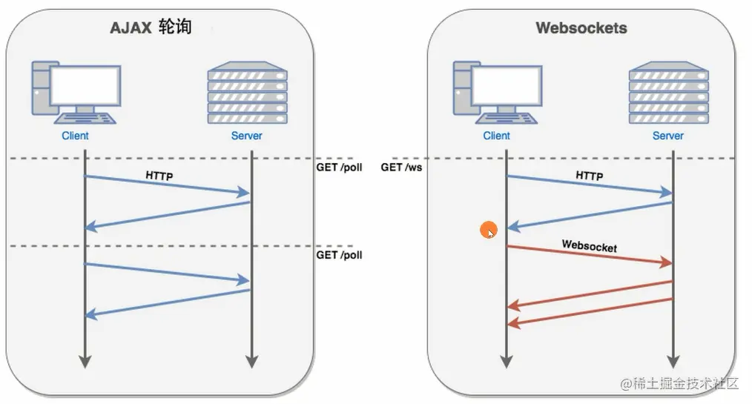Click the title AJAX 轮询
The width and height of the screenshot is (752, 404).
point(151,27)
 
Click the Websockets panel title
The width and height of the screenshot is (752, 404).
point(581,28)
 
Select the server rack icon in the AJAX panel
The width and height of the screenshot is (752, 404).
point(247,93)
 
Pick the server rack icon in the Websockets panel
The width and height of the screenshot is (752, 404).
point(668,93)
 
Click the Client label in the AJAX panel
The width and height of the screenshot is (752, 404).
point(75,136)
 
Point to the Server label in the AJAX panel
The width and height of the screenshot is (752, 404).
point(247,136)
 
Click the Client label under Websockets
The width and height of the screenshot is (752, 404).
point(496,136)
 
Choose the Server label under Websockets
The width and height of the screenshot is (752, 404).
point(668,136)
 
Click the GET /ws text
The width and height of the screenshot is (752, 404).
point(402,168)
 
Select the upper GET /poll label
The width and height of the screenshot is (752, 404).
point(339,168)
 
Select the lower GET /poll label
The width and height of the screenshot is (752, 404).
point(339,255)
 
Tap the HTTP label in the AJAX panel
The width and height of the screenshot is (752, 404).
point(161,178)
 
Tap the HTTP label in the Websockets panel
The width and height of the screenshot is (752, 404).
point(589,176)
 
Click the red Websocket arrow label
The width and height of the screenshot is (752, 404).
point(589,245)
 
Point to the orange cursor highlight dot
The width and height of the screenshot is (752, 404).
point(488,230)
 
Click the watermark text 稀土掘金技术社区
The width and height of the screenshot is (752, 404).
point(681,383)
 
